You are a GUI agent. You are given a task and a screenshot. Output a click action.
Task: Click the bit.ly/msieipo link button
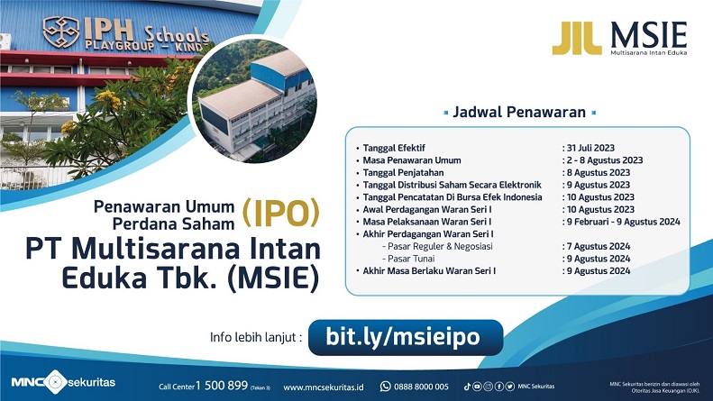(402, 337)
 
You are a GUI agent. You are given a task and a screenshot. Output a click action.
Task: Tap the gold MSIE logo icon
(576, 39)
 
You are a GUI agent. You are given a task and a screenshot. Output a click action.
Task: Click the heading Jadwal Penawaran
(520, 113)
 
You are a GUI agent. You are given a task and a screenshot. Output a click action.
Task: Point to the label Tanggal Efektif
(396, 147)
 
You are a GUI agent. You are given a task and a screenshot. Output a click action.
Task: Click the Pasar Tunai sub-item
(408, 259)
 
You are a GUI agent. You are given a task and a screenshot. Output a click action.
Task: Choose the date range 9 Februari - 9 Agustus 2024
(622, 222)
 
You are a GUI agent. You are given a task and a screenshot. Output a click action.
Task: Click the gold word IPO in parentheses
(281, 214)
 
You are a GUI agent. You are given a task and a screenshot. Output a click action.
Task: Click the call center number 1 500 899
(217, 386)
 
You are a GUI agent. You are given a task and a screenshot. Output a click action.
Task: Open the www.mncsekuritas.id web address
(324, 387)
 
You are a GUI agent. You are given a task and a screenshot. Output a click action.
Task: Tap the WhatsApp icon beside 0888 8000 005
(386, 386)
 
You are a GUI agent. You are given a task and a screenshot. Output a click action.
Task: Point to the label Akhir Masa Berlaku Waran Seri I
(431, 270)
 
